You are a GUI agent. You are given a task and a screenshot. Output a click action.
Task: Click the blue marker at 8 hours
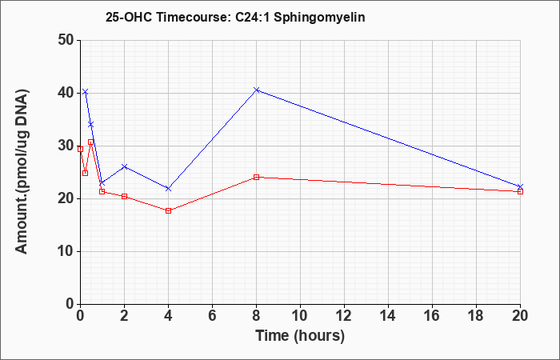[x=257, y=90]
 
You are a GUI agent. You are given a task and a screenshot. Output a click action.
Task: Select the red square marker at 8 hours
[x=257, y=177]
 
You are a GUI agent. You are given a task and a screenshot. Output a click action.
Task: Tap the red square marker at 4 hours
[x=169, y=210]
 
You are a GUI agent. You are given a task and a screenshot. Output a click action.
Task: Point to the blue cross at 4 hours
[x=169, y=189]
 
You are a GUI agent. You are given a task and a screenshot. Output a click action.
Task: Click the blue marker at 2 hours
[x=124, y=166]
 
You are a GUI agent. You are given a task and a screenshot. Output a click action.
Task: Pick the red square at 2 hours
[x=124, y=197]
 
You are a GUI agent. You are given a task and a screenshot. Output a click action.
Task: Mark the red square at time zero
[x=80, y=150]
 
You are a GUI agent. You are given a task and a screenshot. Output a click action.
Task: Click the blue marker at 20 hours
[x=520, y=186]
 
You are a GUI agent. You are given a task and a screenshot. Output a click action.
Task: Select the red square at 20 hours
[x=520, y=191]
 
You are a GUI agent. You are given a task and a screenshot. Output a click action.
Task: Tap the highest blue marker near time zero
[x=85, y=92]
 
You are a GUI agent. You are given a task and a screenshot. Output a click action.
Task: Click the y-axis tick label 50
[x=66, y=40]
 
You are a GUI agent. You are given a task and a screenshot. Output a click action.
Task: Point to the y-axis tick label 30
[x=66, y=146]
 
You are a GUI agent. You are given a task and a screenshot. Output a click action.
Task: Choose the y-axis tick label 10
[x=66, y=251]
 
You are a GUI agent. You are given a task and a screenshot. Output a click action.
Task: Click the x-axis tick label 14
[x=388, y=316]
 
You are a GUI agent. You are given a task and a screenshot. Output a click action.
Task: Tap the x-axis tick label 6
[x=213, y=316]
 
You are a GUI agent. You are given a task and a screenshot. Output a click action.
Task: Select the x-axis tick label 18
[x=477, y=316]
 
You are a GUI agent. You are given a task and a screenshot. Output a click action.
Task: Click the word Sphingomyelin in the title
[x=319, y=18]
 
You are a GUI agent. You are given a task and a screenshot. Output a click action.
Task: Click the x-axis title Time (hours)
[x=300, y=336]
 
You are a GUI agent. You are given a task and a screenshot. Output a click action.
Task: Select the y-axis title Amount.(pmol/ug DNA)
[x=22, y=172]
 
